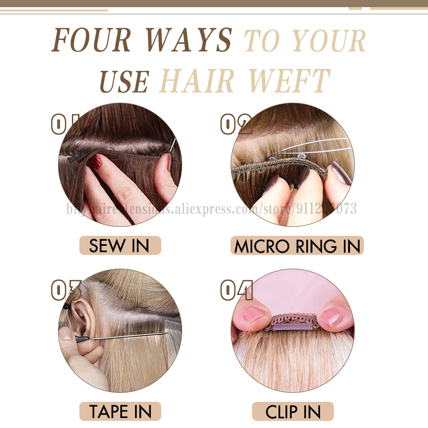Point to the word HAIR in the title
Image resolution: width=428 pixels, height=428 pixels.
point(200,81)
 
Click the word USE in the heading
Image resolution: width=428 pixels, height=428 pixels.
point(125,81)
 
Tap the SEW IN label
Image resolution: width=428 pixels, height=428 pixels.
point(119,246)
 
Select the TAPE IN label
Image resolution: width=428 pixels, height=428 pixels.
point(120,411)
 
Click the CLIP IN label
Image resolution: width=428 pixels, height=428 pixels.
point(293,412)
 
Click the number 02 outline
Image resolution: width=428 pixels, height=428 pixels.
point(236,125)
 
